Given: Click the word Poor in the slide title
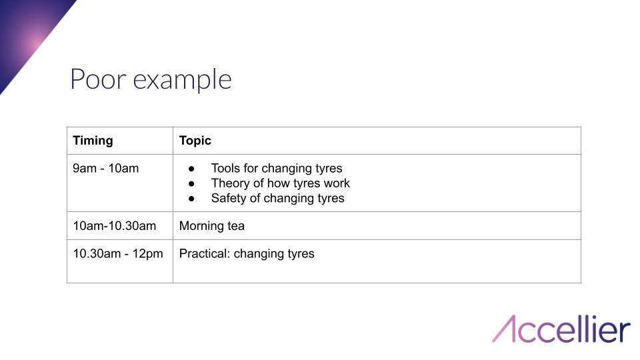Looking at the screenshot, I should click(x=98, y=79).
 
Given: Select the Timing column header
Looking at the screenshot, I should click(x=93, y=141).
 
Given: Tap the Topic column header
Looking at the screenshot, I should click(x=195, y=141).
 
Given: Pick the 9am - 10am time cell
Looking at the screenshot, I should click(x=106, y=168).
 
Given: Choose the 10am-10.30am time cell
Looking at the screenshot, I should click(x=114, y=226).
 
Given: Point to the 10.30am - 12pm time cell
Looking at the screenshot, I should click(x=118, y=253).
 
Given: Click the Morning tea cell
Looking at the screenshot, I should click(x=212, y=226).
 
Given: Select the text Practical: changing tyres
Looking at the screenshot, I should click(x=247, y=253).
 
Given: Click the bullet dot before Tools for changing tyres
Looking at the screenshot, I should click(x=192, y=169).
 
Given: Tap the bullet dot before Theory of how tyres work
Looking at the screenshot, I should click(x=192, y=183).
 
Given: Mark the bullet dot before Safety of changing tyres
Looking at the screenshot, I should click(x=192, y=198).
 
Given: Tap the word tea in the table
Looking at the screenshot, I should click(x=235, y=226).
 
